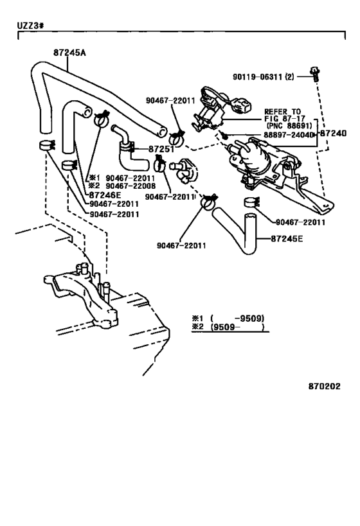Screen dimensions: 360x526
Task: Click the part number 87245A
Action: (69, 53)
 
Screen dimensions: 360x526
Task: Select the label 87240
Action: (333, 133)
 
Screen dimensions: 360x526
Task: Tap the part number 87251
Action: (161, 149)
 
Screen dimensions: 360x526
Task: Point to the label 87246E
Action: (105, 195)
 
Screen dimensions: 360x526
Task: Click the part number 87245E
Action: (287, 238)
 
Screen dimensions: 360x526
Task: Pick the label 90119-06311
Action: (258, 77)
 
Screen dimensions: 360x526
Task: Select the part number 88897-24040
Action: (289, 134)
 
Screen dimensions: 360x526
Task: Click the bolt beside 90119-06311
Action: (314, 74)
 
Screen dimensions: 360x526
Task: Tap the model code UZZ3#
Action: (30, 26)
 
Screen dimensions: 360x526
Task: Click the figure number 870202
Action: (324, 386)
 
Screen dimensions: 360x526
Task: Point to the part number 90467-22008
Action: (130, 186)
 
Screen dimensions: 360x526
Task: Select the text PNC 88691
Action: (289, 126)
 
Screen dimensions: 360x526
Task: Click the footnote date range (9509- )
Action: (238, 327)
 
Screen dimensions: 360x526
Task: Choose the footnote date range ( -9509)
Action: (238, 318)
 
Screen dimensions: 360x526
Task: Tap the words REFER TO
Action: (282, 111)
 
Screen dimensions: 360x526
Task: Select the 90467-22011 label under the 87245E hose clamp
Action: (300, 222)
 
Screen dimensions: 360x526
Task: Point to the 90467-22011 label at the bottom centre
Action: (181, 245)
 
